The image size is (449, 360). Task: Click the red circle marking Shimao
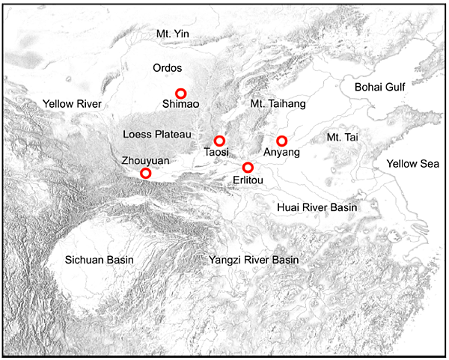coord(180,94)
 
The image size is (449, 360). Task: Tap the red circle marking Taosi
coord(219,141)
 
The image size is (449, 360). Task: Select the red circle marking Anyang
coord(282,141)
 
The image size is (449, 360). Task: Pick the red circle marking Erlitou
coord(248,167)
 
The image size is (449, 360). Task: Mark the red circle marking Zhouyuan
coord(146,174)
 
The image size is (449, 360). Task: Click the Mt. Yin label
coord(174,33)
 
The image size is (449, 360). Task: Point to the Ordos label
coord(167,67)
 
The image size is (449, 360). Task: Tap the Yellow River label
coord(73,103)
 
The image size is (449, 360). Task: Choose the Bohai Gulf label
coord(379,88)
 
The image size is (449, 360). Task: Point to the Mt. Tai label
coord(343,137)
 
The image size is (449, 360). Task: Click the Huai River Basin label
coord(317,207)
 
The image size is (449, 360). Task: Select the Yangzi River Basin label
coord(253,260)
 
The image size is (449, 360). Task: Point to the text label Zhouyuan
coord(144,160)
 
